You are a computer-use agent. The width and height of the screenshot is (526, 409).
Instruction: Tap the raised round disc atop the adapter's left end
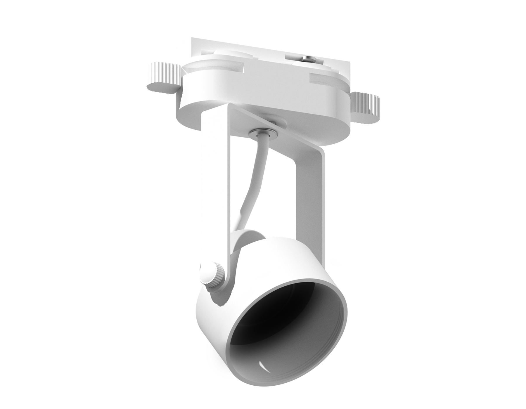click(x=231, y=57)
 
